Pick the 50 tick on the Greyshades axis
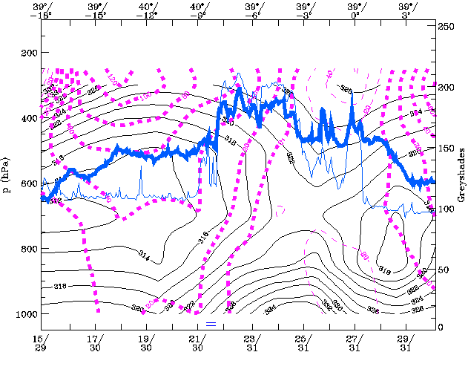tap(444, 270)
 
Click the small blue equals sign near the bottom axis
tap(211, 324)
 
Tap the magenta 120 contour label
tap(113, 79)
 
